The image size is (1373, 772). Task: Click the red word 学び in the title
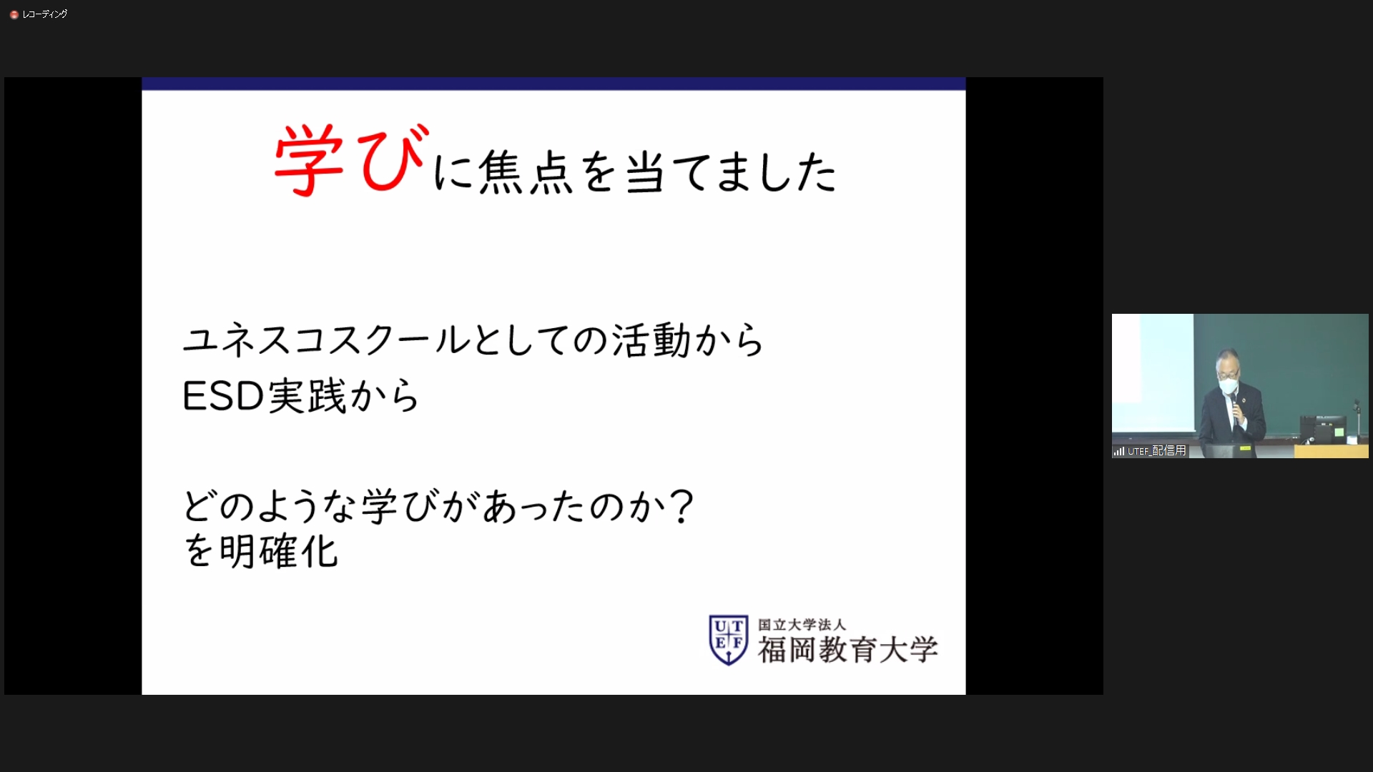pos(352,159)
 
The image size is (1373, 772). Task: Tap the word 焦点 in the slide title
pos(526,172)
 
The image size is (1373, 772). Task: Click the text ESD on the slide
pos(223,395)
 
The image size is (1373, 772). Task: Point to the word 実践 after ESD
pos(307,395)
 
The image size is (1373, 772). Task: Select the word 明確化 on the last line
pos(278,551)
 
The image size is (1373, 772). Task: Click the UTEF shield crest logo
pos(728,640)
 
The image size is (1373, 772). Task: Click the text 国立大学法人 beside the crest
pos(802,625)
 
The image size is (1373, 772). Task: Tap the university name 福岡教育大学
pos(848,650)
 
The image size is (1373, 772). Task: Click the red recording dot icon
pos(14,14)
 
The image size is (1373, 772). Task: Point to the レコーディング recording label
pos(45,14)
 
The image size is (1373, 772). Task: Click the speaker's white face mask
pos(1228,385)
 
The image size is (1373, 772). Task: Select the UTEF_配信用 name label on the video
pos(1157,451)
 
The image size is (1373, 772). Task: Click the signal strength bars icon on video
pos(1119,451)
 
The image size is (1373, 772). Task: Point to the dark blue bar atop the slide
pos(553,84)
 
